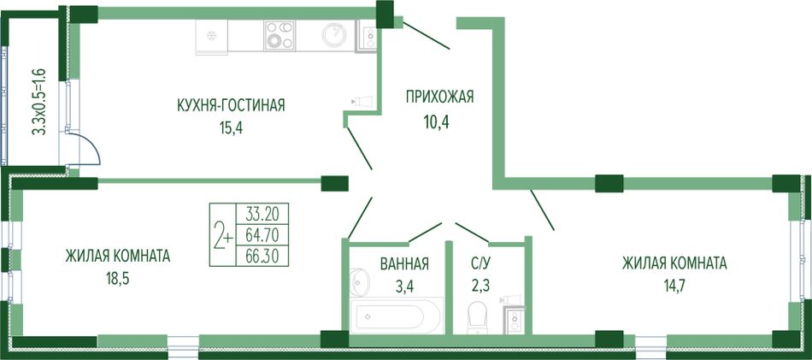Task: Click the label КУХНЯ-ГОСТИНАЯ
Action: coord(231,106)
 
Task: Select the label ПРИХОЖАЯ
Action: coord(439,97)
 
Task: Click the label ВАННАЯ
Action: coord(404,264)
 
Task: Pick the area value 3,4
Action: coord(403,285)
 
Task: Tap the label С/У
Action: coord(480,264)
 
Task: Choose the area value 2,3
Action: coord(480,285)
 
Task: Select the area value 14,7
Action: coord(674,285)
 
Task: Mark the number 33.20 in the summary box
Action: coord(262,214)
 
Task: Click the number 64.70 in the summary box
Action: coord(262,236)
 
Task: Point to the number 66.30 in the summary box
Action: coord(262,257)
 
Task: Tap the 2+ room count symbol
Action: coord(223,236)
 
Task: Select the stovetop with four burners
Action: coord(279,35)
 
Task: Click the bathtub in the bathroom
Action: coord(397,315)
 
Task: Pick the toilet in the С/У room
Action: coord(476,317)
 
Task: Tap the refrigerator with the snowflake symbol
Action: coord(212,37)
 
